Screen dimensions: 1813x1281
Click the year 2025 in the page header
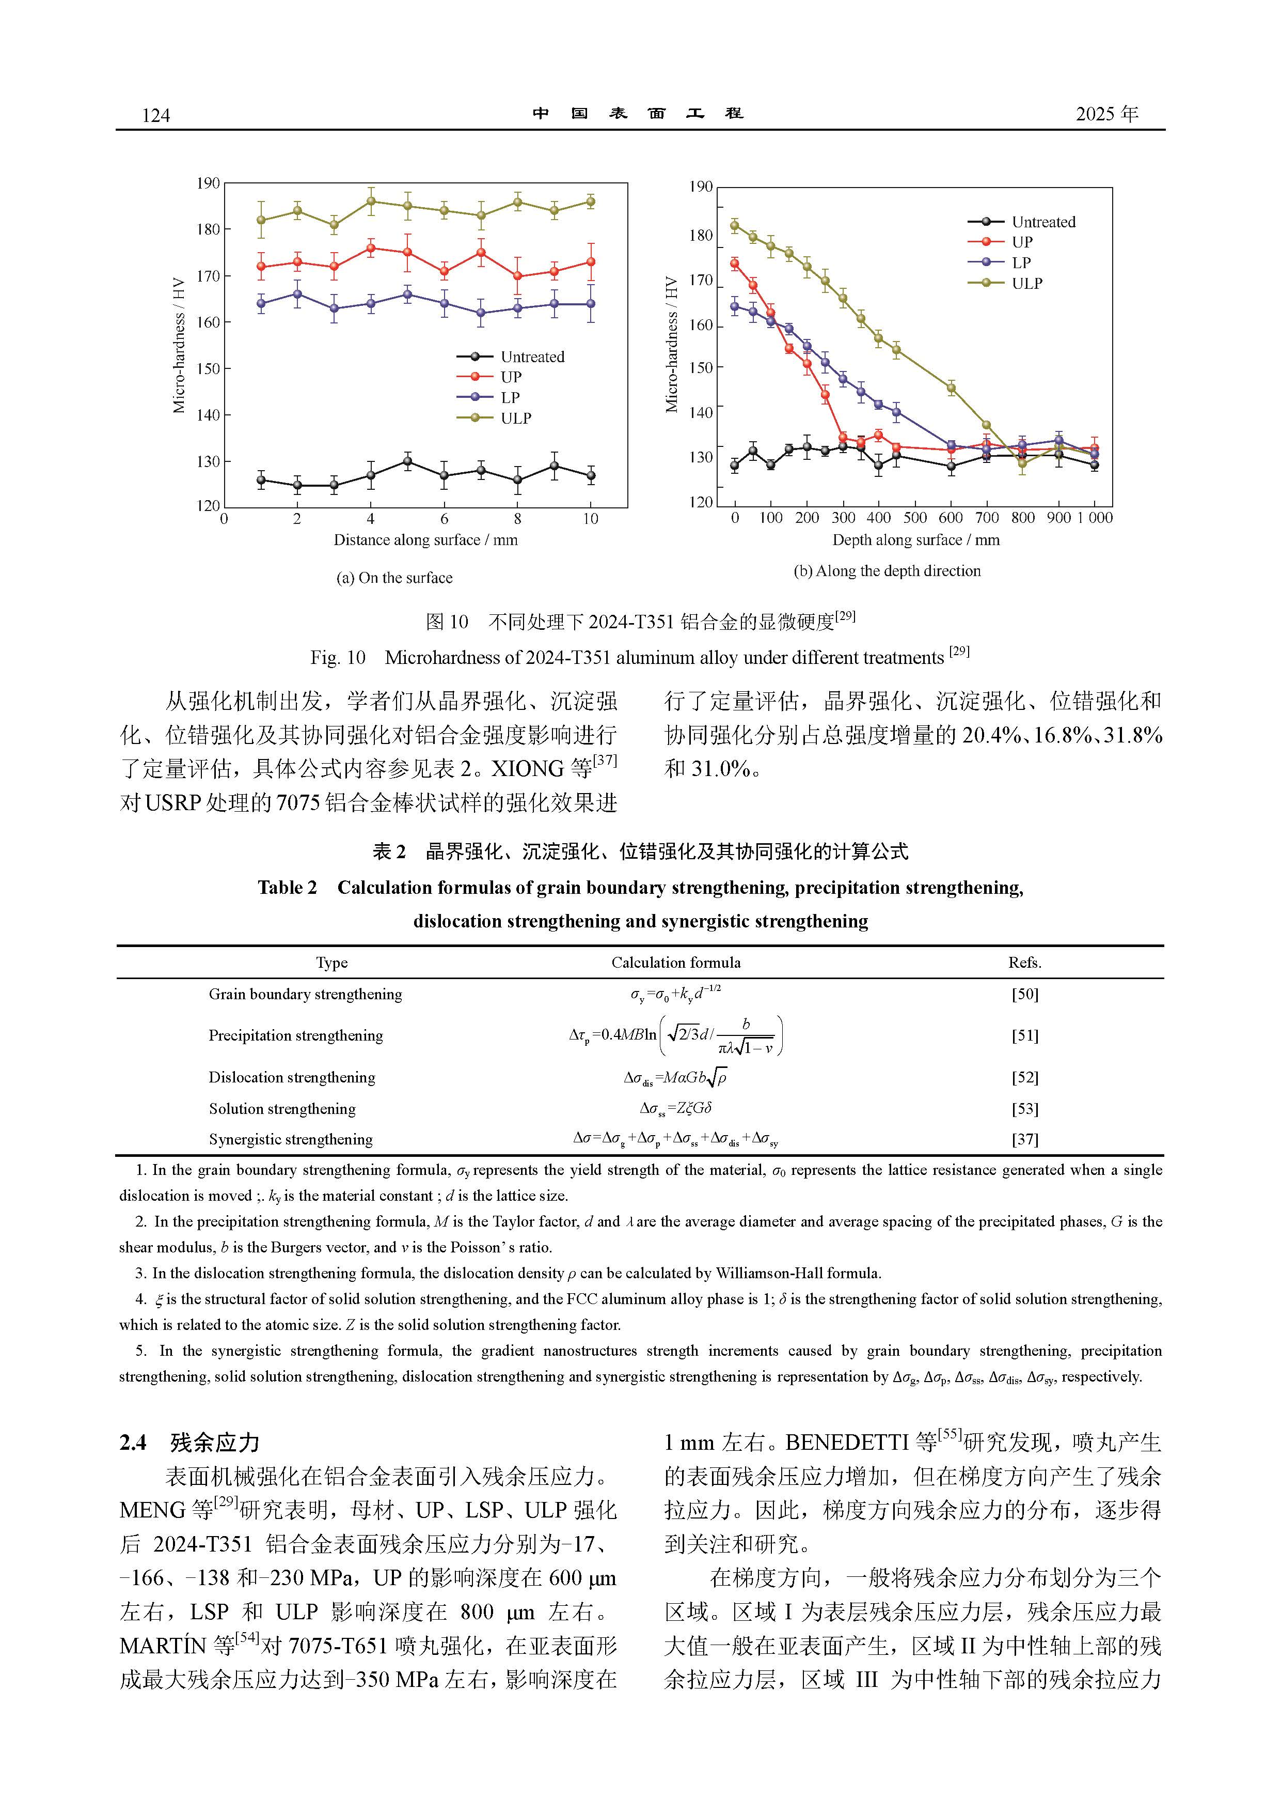(x=1097, y=115)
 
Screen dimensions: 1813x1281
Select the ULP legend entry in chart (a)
(x=515, y=419)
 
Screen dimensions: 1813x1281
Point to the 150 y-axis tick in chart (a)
(x=209, y=369)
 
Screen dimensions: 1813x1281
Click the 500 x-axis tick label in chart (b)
(x=915, y=518)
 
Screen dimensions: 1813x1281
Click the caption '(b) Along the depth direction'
(x=887, y=571)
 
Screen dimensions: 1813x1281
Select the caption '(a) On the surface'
(x=394, y=578)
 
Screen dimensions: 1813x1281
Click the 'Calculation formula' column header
(x=676, y=963)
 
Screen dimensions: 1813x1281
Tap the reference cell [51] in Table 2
(x=1024, y=1036)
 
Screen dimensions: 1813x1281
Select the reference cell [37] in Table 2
(x=1024, y=1139)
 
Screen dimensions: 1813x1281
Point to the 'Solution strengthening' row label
(x=282, y=1109)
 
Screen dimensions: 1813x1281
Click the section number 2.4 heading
(x=133, y=1444)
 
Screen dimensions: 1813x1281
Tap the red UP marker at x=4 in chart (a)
(x=371, y=248)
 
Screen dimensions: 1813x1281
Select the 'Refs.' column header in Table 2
(x=1024, y=963)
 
